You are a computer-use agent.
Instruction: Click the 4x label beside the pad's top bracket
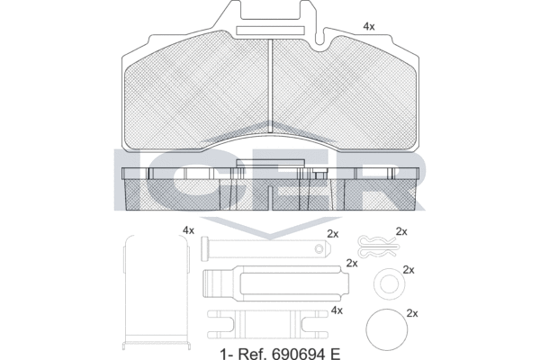tap(368, 27)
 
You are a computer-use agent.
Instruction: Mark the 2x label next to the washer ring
tap(409, 269)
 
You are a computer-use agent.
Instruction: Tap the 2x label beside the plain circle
tap(413, 313)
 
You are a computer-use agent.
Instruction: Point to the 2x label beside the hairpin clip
tap(402, 231)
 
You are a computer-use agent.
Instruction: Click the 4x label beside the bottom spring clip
tap(337, 310)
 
